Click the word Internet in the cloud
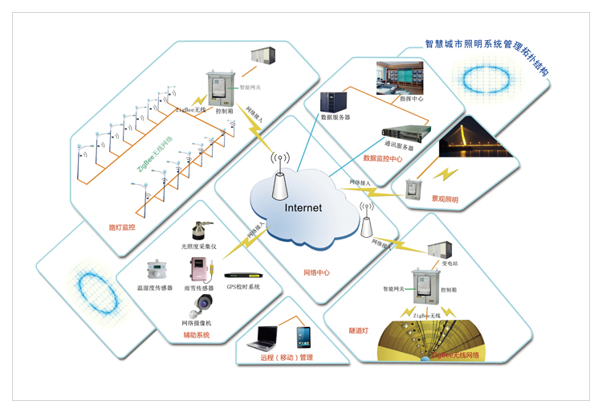(303, 207)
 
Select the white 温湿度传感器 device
(154, 271)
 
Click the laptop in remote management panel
(268, 337)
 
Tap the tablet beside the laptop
(303, 335)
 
